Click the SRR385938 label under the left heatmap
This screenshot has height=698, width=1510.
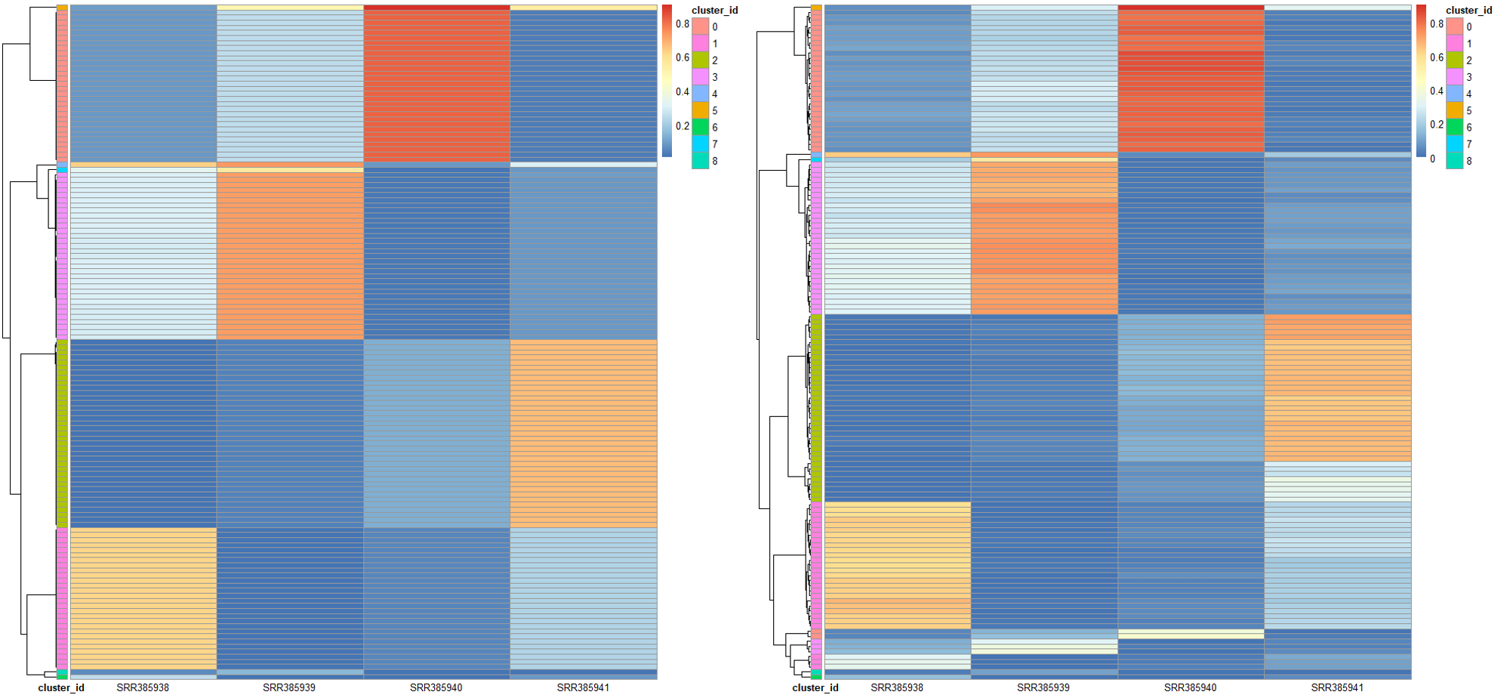pyautogui.click(x=143, y=687)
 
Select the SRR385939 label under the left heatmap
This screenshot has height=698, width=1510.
pyautogui.click(x=289, y=687)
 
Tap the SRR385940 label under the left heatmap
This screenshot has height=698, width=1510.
pyautogui.click(x=436, y=687)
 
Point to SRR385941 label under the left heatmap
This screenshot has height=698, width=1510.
pyautogui.click(x=583, y=687)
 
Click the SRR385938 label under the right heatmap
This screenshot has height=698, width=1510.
pyautogui.click(x=897, y=687)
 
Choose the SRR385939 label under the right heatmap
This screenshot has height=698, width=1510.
pyautogui.click(x=1043, y=687)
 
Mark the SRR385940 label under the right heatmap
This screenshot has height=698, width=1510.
pyautogui.click(x=1191, y=687)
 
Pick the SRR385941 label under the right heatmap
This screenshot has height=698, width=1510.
pyautogui.click(x=1337, y=687)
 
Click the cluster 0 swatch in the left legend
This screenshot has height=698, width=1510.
pyautogui.click(x=701, y=26)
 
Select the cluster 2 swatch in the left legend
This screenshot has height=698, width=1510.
pyautogui.click(x=701, y=60)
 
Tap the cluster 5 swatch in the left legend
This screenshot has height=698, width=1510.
pyautogui.click(x=701, y=110)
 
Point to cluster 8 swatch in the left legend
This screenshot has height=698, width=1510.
pyautogui.click(x=701, y=161)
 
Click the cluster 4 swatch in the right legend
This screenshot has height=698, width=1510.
pyautogui.click(x=1455, y=94)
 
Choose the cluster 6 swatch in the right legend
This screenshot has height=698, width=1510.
pyautogui.click(x=1455, y=127)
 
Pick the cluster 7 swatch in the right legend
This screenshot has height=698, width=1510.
pyautogui.click(x=1455, y=144)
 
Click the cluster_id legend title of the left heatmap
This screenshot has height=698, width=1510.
pyautogui.click(x=714, y=11)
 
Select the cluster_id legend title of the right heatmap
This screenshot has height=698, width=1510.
pyautogui.click(x=1468, y=11)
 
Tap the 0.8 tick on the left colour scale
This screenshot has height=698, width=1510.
pyautogui.click(x=683, y=24)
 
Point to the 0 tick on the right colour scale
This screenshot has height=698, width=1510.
pyautogui.click(x=1433, y=159)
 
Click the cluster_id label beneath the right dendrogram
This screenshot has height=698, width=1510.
pyautogui.click(x=815, y=687)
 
